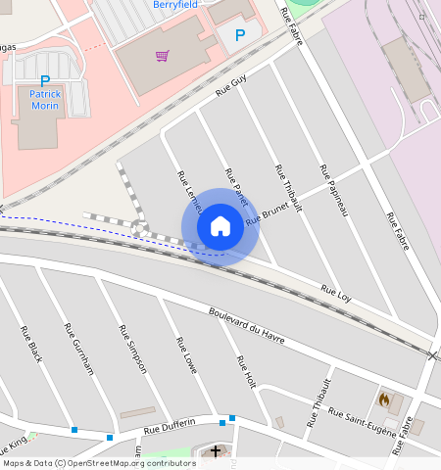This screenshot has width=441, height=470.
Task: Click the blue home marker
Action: pyautogui.click(x=220, y=227)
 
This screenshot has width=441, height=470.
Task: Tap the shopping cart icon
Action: pyautogui.click(x=163, y=56)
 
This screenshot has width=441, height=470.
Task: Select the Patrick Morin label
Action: pyautogui.click(x=45, y=100)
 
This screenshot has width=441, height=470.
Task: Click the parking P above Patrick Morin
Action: pyautogui.click(x=44, y=81)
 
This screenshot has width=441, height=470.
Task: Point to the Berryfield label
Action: pyautogui.click(x=175, y=5)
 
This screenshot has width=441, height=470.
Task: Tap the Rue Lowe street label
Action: pyautogui.click(x=186, y=355)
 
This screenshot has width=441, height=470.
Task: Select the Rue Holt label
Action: pyautogui.click(x=246, y=373)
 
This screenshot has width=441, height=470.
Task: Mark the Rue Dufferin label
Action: pyautogui.click(x=170, y=426)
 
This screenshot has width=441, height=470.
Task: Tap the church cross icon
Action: pyautogui.click(x=217, y=451)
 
